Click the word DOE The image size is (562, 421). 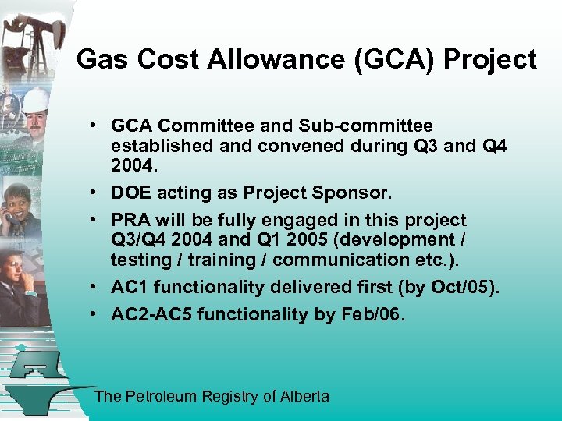click(x=131, y=193)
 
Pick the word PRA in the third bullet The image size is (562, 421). click(x=130, y=220)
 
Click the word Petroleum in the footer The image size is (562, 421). click(x=159, y=396)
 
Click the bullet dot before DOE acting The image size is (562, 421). click(x=92, y=193)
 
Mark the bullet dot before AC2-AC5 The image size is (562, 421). click(x=92, y=314)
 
